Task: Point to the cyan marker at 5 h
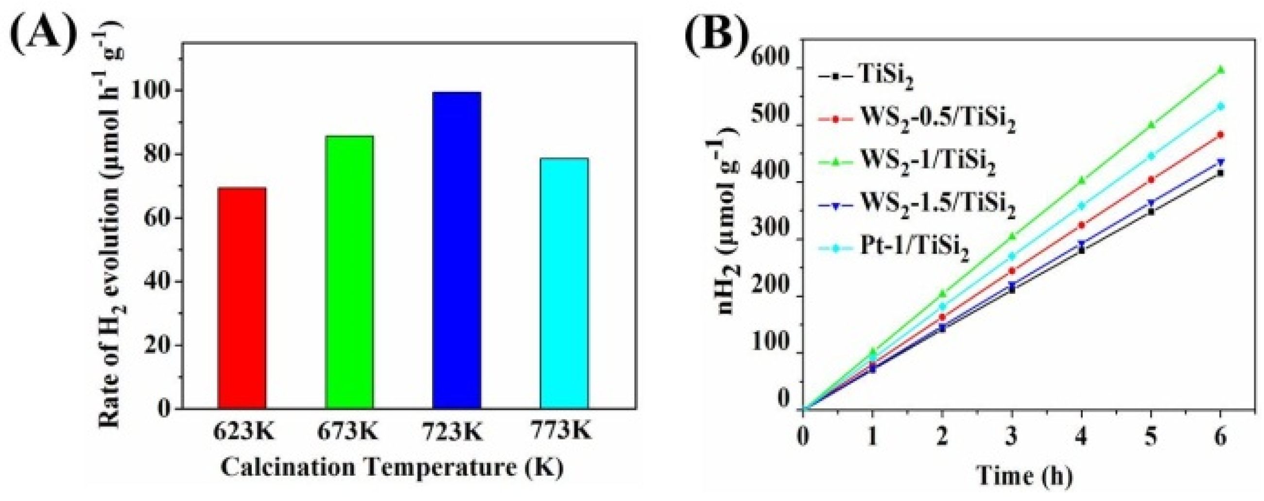click(x=1152, y=156)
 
